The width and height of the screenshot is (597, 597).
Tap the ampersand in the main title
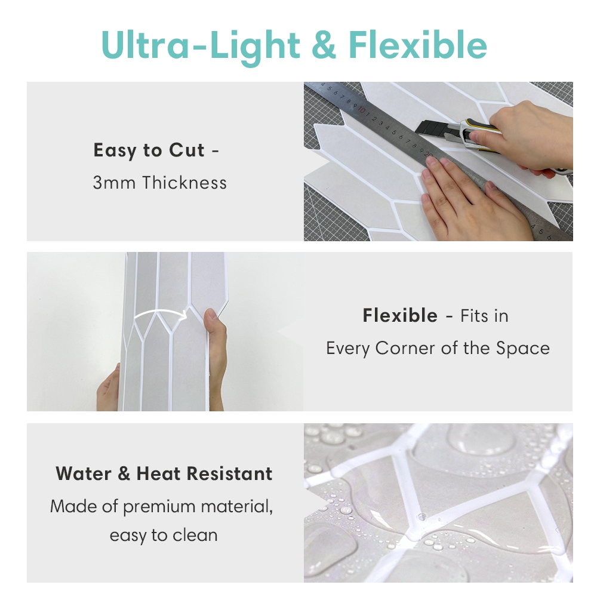pyautogui.click(x=323, y=45)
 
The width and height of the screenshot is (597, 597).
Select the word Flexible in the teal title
pyautogui.click(x=418, y=45)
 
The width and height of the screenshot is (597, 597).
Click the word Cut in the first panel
pyautogui.click(x=186, y=150)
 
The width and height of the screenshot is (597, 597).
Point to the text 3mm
pyautogui.click(x=114, y=183)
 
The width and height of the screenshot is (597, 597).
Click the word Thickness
pyautogui.click(x=184, y=182)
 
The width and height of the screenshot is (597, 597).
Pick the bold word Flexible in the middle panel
pyautogui.click(x=400, y=316)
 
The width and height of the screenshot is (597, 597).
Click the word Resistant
pyautogui.click(x=230, y=474)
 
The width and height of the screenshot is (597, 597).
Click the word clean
pyautogui.click(x=195, y=536)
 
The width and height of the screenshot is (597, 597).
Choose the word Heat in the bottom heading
pyautogui.click(x=158, y=474)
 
